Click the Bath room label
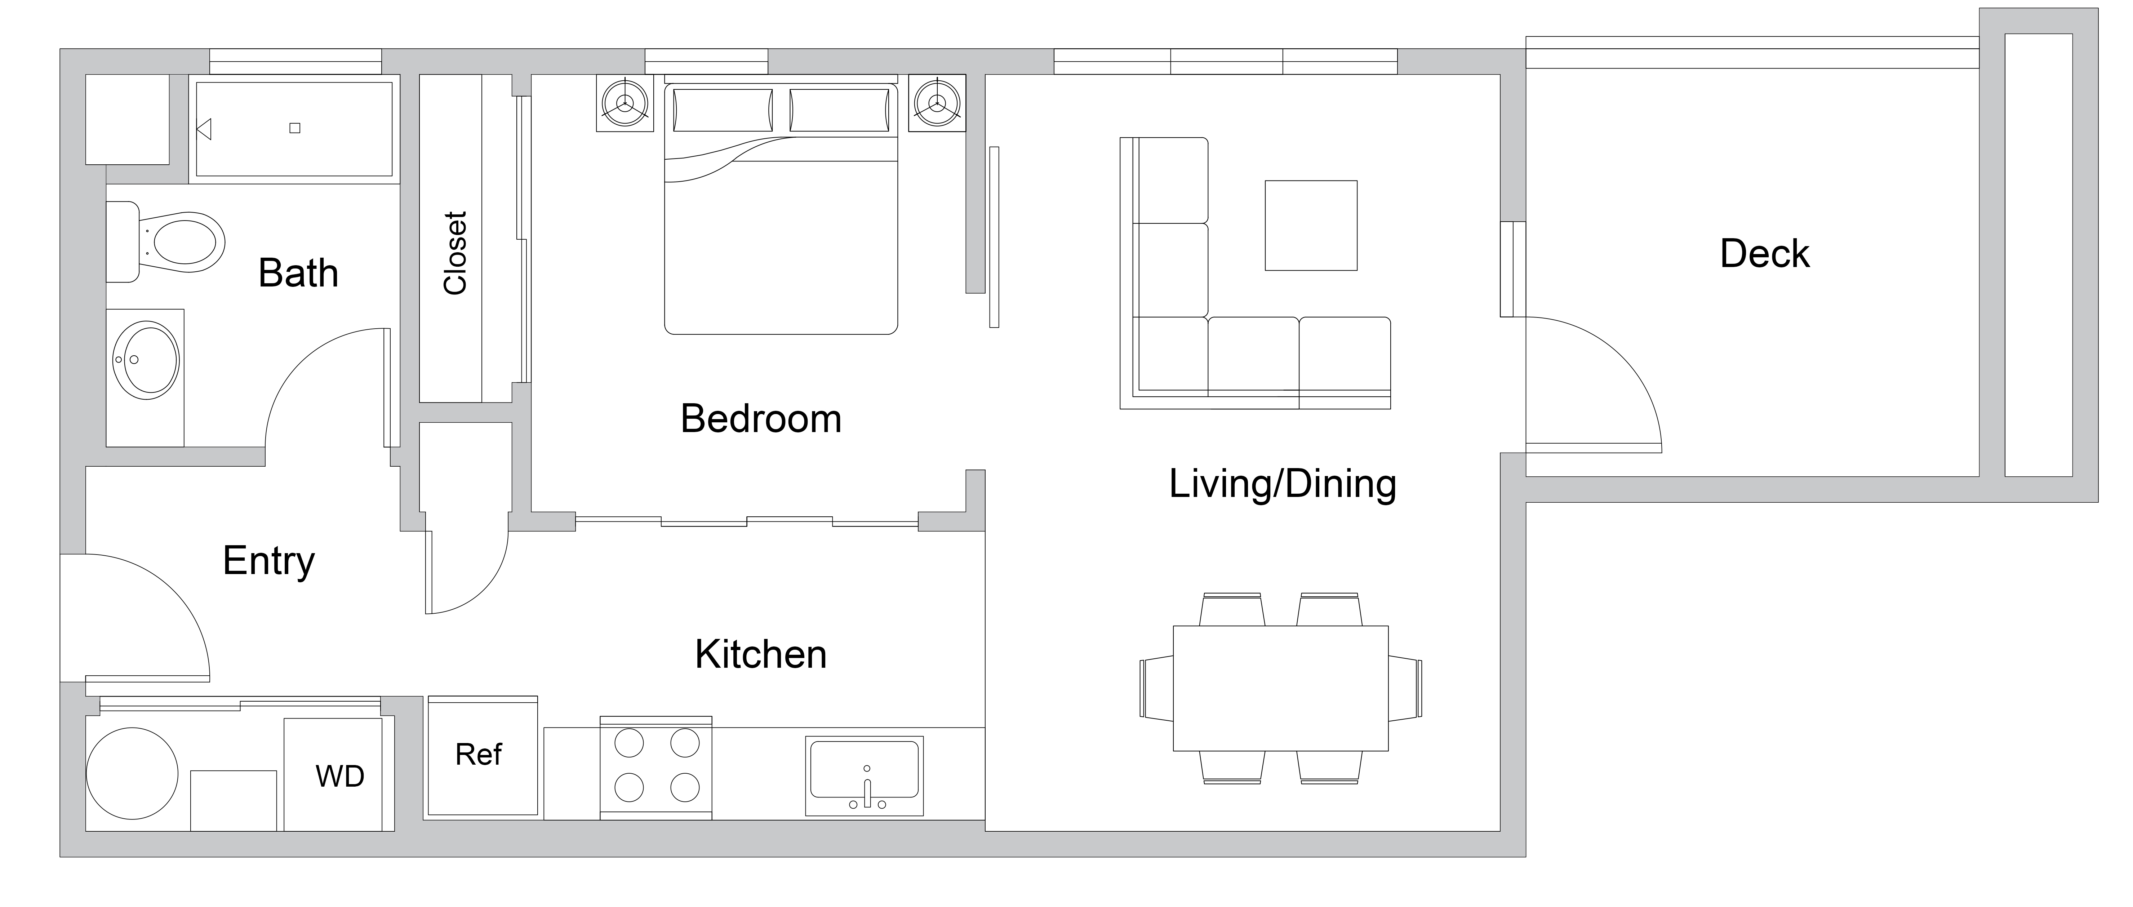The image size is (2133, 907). tap(298, 274)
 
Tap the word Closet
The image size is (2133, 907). tap(456, 253)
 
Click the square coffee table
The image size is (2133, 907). tap(1311, 225)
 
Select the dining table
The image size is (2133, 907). tap(1280, 688)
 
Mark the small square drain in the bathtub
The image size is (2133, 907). tap(295, 128)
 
